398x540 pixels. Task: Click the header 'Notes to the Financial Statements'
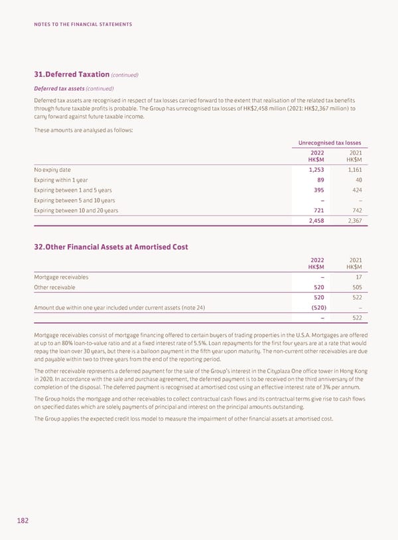pyautogui.click(x=83, y=25)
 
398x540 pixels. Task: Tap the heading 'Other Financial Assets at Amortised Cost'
pyautogui.click(x=111, y=247)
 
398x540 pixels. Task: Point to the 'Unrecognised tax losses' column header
pyautogui.click(x=330, y=143)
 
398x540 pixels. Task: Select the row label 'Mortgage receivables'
pyautogui.click(x=62, y=277)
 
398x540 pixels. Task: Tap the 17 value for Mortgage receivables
pyautogui.click(x=358, y=277)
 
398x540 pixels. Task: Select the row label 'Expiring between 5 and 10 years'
pyautogui.click(x=74, y=200)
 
